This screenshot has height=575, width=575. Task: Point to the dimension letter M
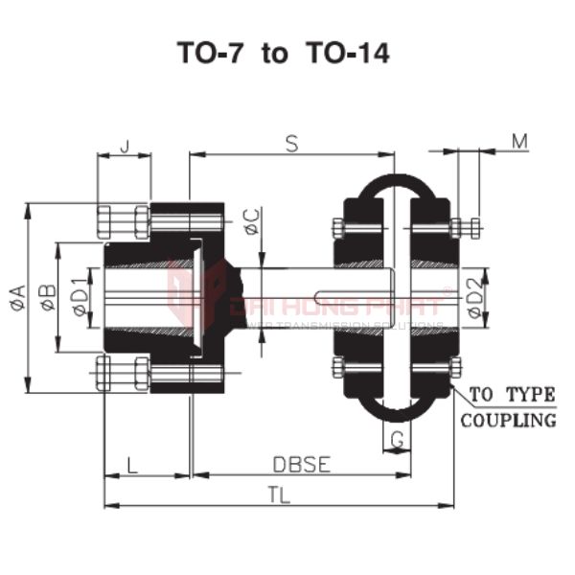tap(518, 142)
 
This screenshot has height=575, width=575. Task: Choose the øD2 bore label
tap(474, 300)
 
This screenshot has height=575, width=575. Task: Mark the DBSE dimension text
tap(302, 465)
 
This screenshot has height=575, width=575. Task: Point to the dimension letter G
tap(396, 440)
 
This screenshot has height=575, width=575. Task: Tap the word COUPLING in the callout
tap(509, 420)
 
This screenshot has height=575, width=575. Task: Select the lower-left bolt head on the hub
tap(123, 373)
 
